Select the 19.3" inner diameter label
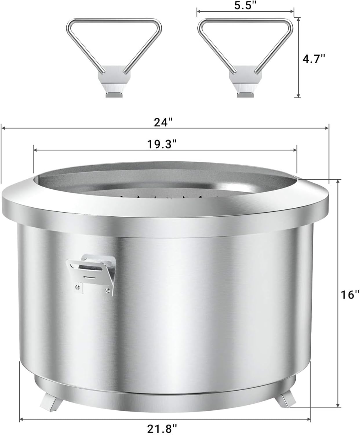[x=162, y=144]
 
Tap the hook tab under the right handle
[x=245, y=95]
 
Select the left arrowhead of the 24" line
[x=3, y=127]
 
